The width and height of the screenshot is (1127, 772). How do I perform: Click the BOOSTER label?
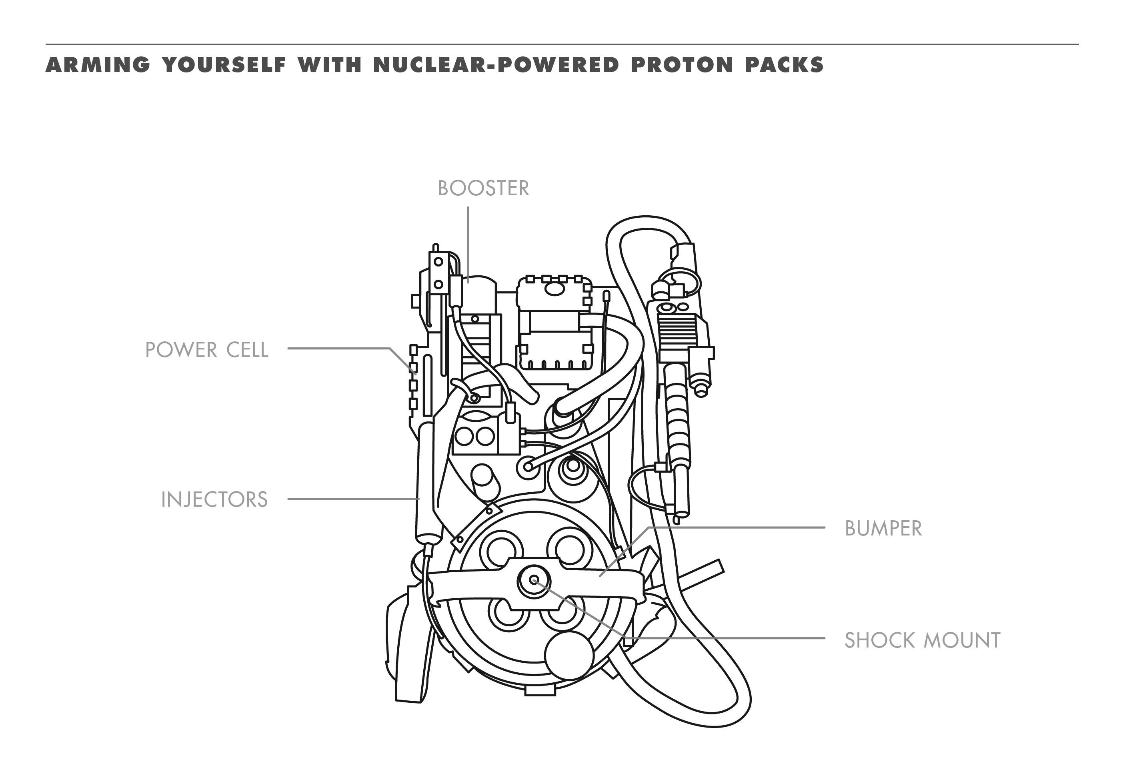483,188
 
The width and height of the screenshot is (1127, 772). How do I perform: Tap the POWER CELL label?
206,350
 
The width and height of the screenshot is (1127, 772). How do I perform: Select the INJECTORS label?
214,499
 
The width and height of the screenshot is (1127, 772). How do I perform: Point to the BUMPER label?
883,528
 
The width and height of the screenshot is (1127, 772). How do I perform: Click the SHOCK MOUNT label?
922,640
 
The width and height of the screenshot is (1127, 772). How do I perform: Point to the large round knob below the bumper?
569,655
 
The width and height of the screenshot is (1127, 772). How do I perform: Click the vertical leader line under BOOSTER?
468,243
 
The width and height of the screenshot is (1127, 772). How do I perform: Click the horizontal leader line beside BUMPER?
737,527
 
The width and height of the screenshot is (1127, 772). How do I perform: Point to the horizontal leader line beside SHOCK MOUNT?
727,639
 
